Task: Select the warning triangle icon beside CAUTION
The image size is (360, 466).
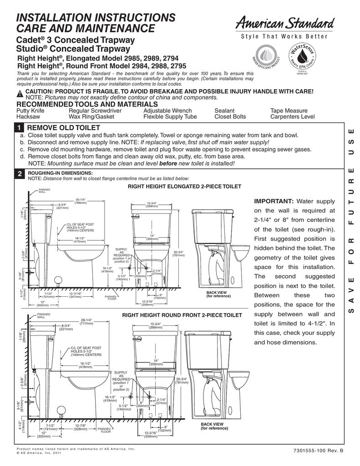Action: (20, 93)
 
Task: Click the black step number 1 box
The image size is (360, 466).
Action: (20, 128)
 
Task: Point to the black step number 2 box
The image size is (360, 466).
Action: (20, 174)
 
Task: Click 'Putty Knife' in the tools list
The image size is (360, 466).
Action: (30, 111)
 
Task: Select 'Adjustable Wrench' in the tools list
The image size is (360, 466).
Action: (167, 111)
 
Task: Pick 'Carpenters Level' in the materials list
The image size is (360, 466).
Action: (292, 116)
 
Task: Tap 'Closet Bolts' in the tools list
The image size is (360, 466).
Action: (230, 116)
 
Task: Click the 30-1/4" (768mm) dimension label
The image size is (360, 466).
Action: (81, 201)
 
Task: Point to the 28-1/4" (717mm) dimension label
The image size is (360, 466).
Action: (86, 322)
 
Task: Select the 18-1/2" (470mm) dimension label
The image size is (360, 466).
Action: (80, 240)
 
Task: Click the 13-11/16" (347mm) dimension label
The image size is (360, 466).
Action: (75, 295)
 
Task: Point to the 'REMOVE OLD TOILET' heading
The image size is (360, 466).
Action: (63, 128)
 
